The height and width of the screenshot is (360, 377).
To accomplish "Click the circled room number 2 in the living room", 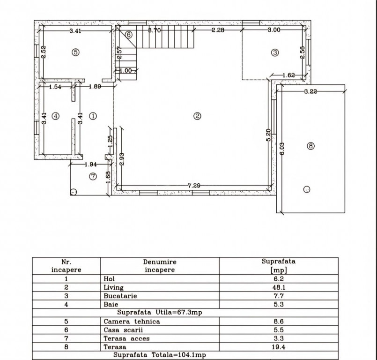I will pos(198,116).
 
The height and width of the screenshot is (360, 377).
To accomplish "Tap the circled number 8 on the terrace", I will pos(310,146).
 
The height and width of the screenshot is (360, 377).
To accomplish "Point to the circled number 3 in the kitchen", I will pos(275,52).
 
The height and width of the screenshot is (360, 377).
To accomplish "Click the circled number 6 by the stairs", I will pos(129,34).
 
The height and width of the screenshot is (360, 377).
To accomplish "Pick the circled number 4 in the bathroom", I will pos(55,116).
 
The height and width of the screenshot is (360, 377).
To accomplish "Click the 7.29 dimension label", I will pos(194,186).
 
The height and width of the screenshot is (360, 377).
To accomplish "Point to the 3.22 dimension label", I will pos(310,91).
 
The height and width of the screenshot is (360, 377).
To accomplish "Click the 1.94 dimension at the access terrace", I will pos(91,164).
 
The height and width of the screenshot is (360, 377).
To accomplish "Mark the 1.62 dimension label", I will pos(288,75).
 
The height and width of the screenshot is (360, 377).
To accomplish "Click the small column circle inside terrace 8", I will pos(306,189).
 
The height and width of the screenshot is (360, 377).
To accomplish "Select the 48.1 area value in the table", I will pos(280,287).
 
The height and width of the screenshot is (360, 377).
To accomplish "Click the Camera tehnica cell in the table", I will pos(132,322).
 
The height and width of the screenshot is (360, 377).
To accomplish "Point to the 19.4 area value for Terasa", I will pos(280,347).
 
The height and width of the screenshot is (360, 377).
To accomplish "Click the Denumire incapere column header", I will pos(160,266).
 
